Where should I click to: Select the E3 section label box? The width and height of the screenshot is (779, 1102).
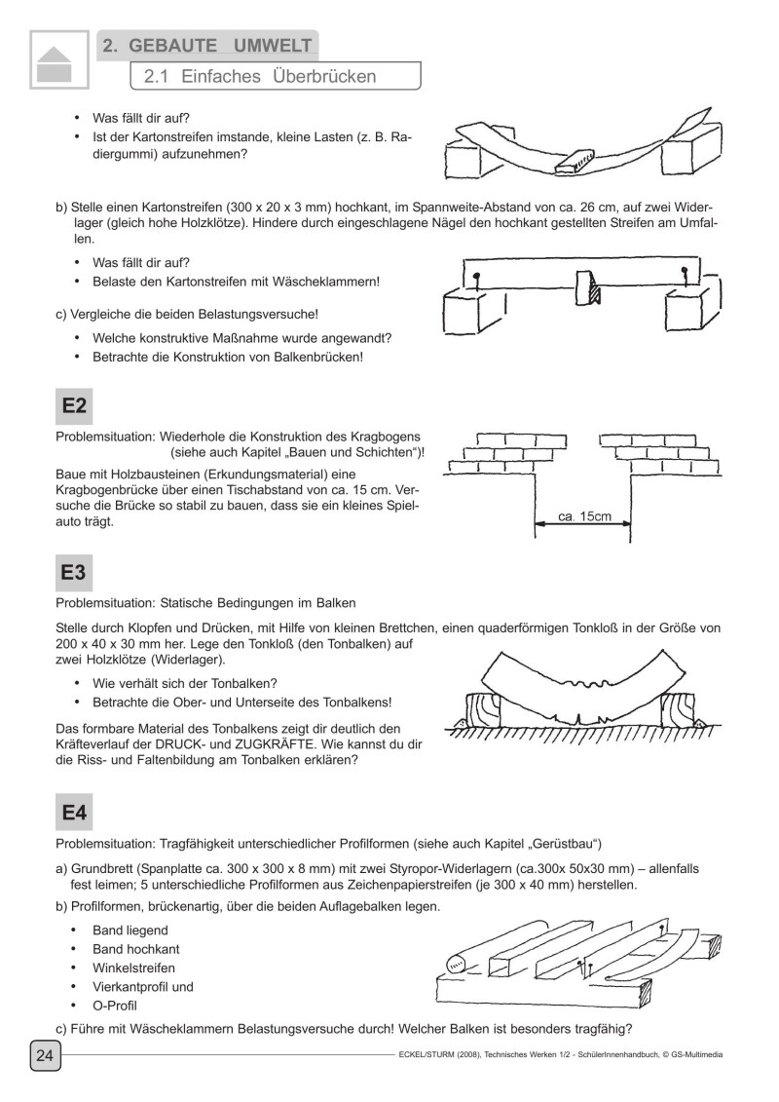[73, 573]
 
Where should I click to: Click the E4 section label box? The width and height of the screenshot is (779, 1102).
[73, 811]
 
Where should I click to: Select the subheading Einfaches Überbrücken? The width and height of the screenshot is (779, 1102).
[259, 76]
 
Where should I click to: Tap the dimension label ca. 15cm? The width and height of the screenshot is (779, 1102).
[584, 516]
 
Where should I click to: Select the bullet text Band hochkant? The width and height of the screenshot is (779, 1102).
[135, 949]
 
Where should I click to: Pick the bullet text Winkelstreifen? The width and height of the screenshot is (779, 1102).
[133, 968]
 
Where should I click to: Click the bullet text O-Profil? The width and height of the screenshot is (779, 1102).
[115, 1005]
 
